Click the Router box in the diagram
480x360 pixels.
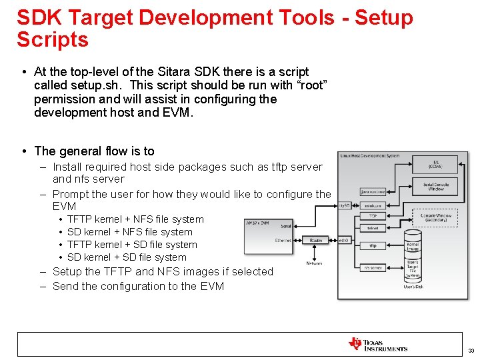click(315, 240)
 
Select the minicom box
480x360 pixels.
click(373, 206)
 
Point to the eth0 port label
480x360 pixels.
click(344, 240)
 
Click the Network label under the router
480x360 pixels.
click(314, 263)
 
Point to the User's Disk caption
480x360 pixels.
click(413, 287)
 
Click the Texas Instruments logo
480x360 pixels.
click(377, 344)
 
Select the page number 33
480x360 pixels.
click(471, 351)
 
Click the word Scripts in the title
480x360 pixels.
click(53, 40)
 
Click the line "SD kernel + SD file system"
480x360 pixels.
click(127, 257)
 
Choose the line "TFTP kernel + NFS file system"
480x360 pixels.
click(135, 219)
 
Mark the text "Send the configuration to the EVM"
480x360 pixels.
click(138, 287)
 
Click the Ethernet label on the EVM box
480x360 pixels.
click(283, 241)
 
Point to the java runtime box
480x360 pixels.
click(373, 191)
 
